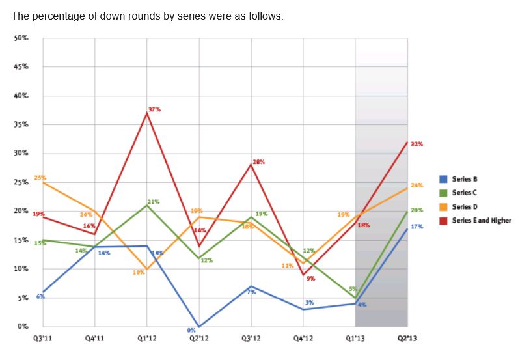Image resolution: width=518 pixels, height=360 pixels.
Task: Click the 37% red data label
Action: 154,109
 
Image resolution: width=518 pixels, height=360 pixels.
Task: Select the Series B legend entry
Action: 465,179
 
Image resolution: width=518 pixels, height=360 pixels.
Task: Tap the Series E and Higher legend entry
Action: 481,221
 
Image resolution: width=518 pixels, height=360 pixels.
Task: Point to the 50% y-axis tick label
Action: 21,38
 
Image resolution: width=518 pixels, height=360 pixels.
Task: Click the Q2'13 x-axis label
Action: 407,339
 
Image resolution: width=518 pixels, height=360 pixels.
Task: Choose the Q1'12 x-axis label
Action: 147,339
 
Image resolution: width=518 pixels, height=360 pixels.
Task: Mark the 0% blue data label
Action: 191,331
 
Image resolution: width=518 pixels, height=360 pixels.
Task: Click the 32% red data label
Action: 417,143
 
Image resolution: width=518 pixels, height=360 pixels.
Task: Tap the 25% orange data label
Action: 40,177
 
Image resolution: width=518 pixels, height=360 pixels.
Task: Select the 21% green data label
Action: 154,202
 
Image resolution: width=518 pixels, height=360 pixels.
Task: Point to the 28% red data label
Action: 258,161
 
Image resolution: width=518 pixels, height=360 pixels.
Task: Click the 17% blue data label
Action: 417,227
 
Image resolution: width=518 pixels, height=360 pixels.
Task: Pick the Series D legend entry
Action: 465,207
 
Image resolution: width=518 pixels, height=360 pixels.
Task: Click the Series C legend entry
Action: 465,193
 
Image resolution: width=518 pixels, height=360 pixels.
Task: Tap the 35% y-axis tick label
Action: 21,125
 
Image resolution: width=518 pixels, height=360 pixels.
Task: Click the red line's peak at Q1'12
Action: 147,113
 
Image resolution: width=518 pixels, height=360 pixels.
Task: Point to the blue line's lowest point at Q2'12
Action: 199,326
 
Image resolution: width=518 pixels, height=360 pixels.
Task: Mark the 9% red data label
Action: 310,278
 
